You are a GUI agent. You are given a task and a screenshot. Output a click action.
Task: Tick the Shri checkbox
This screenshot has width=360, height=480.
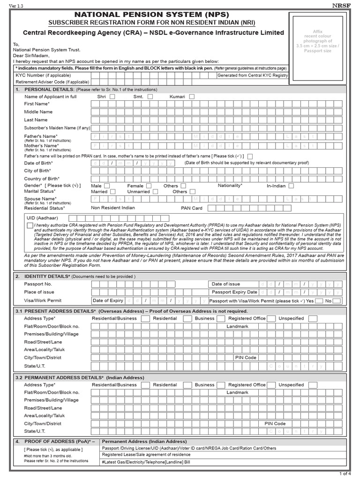112,97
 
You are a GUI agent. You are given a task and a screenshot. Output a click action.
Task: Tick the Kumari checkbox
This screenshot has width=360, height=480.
192,97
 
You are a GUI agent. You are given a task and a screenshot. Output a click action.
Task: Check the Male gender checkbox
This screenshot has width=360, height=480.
107,186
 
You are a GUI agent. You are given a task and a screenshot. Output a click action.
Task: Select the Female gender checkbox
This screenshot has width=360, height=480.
149,186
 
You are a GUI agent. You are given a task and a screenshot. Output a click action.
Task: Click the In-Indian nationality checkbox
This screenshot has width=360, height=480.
291,186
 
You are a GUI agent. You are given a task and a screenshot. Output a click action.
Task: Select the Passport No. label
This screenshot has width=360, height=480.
38,285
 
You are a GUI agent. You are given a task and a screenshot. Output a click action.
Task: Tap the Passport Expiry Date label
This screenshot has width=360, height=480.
234,292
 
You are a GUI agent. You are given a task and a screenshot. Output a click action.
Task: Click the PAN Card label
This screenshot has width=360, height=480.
192,208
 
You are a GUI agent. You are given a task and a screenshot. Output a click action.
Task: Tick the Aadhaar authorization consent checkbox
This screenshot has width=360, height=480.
30,226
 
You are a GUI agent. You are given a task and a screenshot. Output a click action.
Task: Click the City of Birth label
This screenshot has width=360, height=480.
38,171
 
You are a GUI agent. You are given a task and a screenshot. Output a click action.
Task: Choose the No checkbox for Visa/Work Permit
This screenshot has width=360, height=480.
337,300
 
